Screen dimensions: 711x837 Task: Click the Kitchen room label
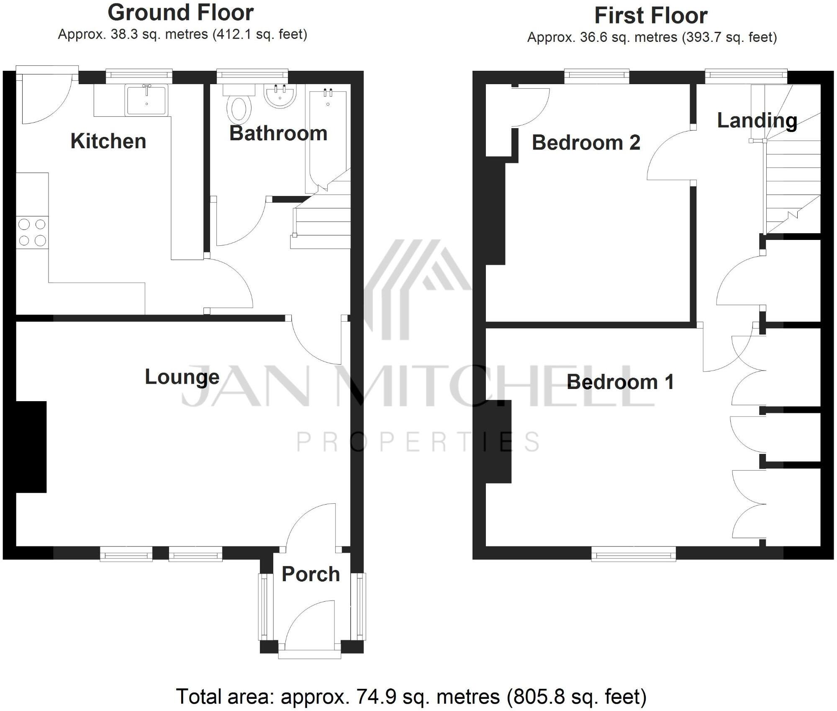pos(108,141)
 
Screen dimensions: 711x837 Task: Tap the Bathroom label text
pos(278,134)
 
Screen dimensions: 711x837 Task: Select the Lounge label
pos(182,377)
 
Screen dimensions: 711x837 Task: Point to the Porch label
pos(311,574)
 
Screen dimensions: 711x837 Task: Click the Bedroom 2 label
pos(586,143)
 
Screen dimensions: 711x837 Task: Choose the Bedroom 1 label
pos(620,382)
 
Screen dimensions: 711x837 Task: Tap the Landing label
pos(757,121)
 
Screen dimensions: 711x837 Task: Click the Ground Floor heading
pos(181,13)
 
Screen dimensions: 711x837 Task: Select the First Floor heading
pos(651,16)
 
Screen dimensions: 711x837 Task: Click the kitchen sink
pos(146,100)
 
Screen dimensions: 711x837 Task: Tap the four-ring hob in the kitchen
pos(32,232)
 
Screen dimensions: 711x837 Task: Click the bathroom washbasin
pos(280,95)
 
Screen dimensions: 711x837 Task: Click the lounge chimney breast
pos(31,447)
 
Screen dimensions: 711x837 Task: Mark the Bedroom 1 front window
pos(633,555)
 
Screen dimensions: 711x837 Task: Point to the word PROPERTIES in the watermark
pos(418,442)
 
